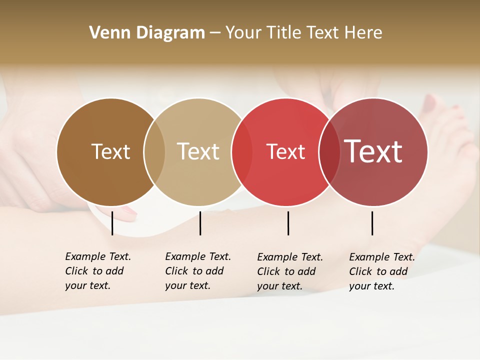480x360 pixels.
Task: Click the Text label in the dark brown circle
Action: (110, 151)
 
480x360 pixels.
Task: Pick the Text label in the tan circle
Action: (198, 151)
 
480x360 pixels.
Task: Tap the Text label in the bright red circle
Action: (285, 152)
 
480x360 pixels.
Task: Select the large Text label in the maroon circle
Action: (373, 151)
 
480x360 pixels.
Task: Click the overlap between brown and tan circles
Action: (154, 151)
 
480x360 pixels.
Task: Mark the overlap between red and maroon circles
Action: (329, 151)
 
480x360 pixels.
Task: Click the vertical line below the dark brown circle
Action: (112, 223)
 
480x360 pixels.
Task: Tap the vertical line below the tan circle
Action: (200, 223)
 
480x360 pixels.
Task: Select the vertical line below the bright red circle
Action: (288, 223)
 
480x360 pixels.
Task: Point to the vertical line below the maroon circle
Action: (372, 223)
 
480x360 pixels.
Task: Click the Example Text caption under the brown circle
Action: (98, 271)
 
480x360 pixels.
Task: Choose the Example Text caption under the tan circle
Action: (198, 271)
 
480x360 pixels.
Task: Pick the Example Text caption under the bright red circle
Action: (290, 271)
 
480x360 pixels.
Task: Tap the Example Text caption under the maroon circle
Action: (382, 271)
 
